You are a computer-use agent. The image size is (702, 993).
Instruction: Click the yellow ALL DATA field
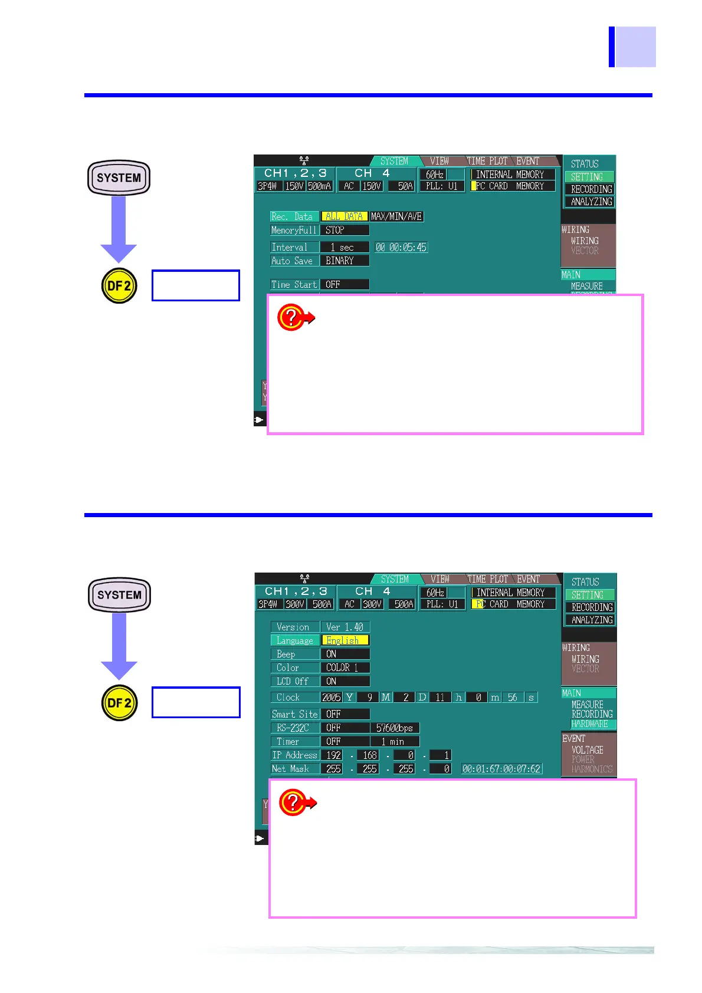point(345,216)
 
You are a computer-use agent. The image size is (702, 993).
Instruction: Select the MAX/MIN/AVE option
point(396,216)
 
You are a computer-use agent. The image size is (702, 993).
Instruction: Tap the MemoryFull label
point(294,230)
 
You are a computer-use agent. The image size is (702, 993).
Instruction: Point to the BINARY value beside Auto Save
point(344,261)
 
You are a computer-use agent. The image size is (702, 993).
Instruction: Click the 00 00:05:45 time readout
point(401,248)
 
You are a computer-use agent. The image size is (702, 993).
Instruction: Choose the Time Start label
point(294,284)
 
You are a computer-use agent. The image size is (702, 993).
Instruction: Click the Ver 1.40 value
point(345,627)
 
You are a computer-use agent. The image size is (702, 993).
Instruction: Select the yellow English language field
point(345,640)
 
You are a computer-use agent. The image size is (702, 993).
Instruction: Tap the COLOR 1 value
point(345,668)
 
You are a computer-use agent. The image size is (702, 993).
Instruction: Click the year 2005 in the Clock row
point(332,697)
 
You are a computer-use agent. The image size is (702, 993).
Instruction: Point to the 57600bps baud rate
point(395,728)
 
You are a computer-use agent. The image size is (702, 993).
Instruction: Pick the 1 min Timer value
point(394,741)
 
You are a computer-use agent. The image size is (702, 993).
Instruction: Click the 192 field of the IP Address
point(334,755)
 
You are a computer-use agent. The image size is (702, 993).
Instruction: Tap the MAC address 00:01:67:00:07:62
point(501,769)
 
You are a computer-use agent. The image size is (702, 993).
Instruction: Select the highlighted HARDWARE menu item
point(590,724)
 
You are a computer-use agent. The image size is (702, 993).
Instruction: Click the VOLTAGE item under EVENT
point(588,750)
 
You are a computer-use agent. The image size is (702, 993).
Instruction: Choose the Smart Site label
point(295,714)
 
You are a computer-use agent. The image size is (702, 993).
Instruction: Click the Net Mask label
point(291,769)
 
